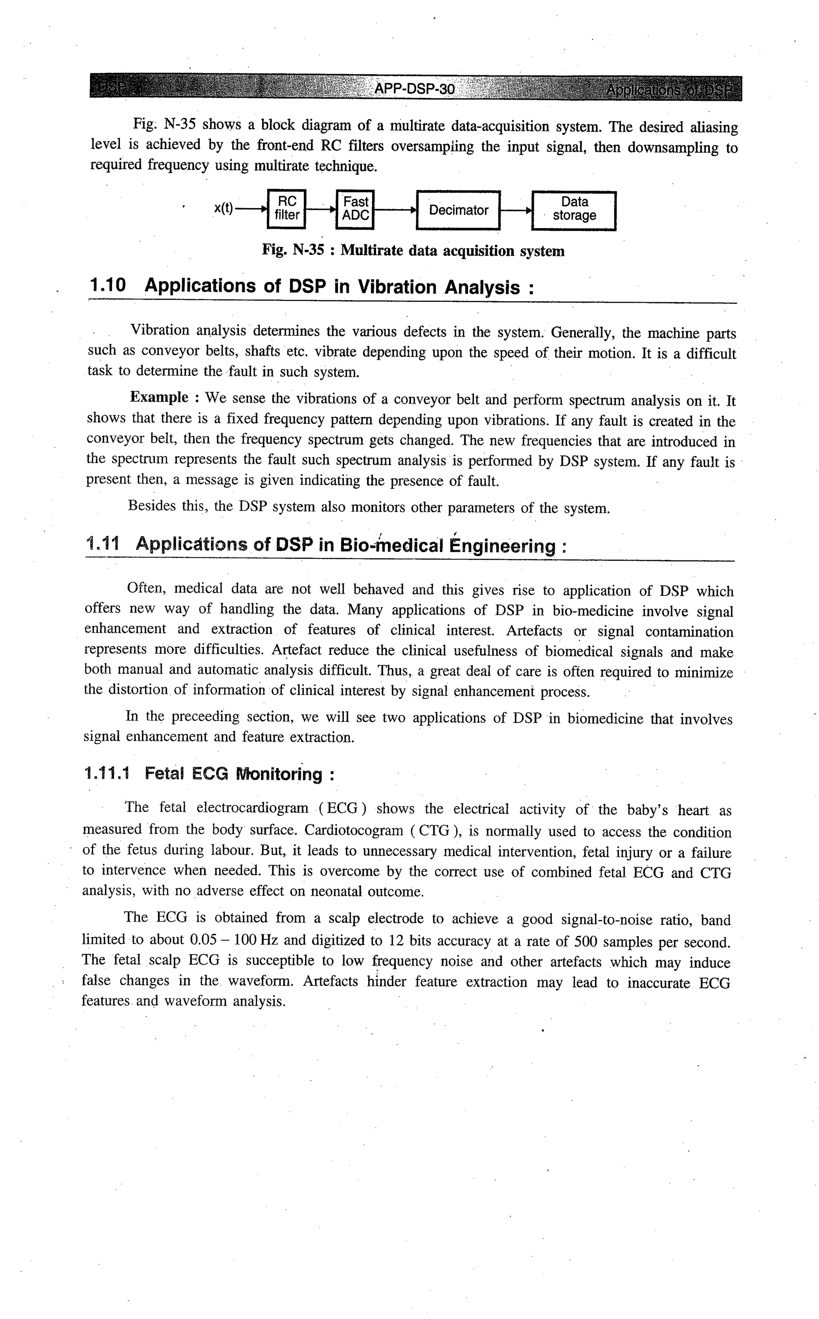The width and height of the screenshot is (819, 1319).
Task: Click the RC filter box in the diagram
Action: (287, 209)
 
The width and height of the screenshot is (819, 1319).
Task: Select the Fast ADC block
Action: (356, 209)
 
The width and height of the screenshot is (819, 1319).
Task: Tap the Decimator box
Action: (458, 210)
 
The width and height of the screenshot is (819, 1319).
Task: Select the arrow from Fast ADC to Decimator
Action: (396, 210)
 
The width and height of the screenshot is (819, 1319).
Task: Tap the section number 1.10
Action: (108, 285)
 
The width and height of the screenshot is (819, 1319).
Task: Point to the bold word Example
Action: (159, 398)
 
